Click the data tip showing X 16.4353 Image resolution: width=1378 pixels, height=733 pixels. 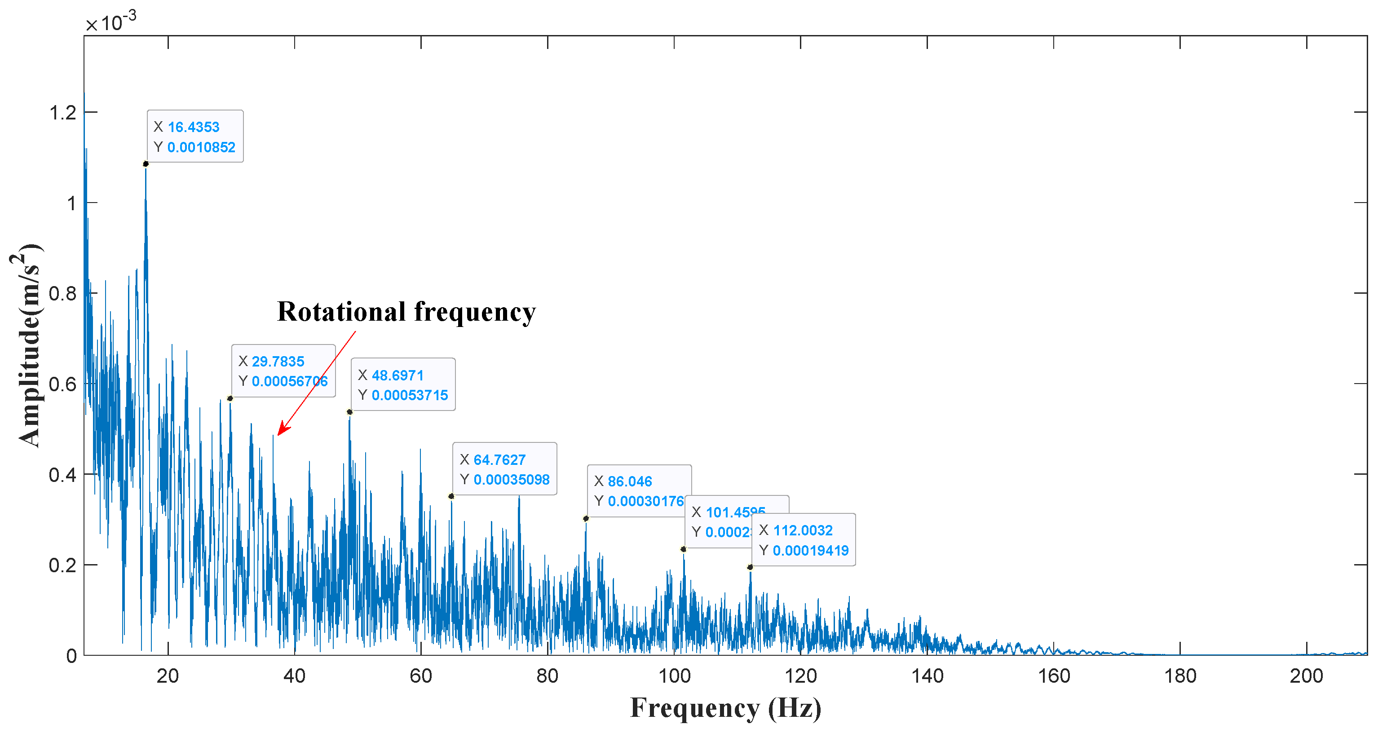pyautogui.click(x=195, y=137)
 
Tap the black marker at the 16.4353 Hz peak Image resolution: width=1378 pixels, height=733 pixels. pyautogui.click(x=146, y=164)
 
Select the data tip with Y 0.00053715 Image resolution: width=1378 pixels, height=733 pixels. pyautogui.click(x=403, y=385)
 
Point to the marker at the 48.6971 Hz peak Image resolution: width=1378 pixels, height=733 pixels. pyautogui.click(x=349, y=412)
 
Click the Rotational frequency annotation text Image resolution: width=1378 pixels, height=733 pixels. pyautogui.click(x=406, y=311)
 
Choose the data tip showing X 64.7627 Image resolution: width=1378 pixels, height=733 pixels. pyautogui.click(x=504, y=469)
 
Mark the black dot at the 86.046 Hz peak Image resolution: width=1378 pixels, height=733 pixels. pyautogui.click(x=586, y=518)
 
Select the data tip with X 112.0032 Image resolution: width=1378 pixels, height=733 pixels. pyautogui.click(x=804, y=540)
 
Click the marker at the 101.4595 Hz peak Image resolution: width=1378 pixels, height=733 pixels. pyautogui.click(x=683, y=549)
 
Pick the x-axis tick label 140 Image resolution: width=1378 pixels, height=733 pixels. pyautogui.click(x=927, y=676)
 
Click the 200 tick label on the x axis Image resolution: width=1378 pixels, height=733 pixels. pyautogui.click(x=1306, y=676)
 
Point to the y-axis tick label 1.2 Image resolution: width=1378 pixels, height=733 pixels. pyautogui.click(x=62, y=113)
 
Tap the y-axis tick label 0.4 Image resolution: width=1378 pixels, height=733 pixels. pyautogui.click(x=62, y=475)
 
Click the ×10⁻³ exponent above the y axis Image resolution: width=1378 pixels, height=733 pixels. pyautogui.click(x=111, y=22)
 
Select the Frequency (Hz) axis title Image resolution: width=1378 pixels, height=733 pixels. pyautogui.click(x=725, y=708)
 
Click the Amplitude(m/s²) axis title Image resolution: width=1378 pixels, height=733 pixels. pyautogui.click(x=27, y=344)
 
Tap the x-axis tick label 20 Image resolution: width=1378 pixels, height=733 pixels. pyautogui.click(x=168, y=676)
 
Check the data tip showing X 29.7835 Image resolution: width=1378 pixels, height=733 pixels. pyautogui.click(x=283, y=371)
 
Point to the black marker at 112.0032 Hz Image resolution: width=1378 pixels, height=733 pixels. pyautogui.click(x=750, y=567)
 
